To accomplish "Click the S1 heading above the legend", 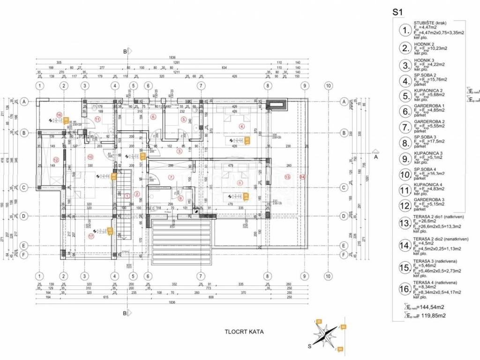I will (x=399, y=13).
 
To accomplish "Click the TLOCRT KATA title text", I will (x=244, y=332).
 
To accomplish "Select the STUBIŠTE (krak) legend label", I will (x=429, y=23).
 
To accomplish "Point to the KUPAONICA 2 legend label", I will (x=428, y=90).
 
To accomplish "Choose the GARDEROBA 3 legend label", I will (x=428, y=200).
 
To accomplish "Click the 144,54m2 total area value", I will (x=428, y=306).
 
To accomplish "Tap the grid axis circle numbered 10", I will (x=329, y=85).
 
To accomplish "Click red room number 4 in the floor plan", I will (x=242, y=126).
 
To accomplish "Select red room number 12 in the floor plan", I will (x=56, y=160).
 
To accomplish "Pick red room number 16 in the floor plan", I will (x=59, y=114).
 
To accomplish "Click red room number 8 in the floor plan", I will (x=240, y=183).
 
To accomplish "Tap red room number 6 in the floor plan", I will (x=153, y=117).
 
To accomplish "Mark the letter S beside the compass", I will (x=309, y=347).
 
